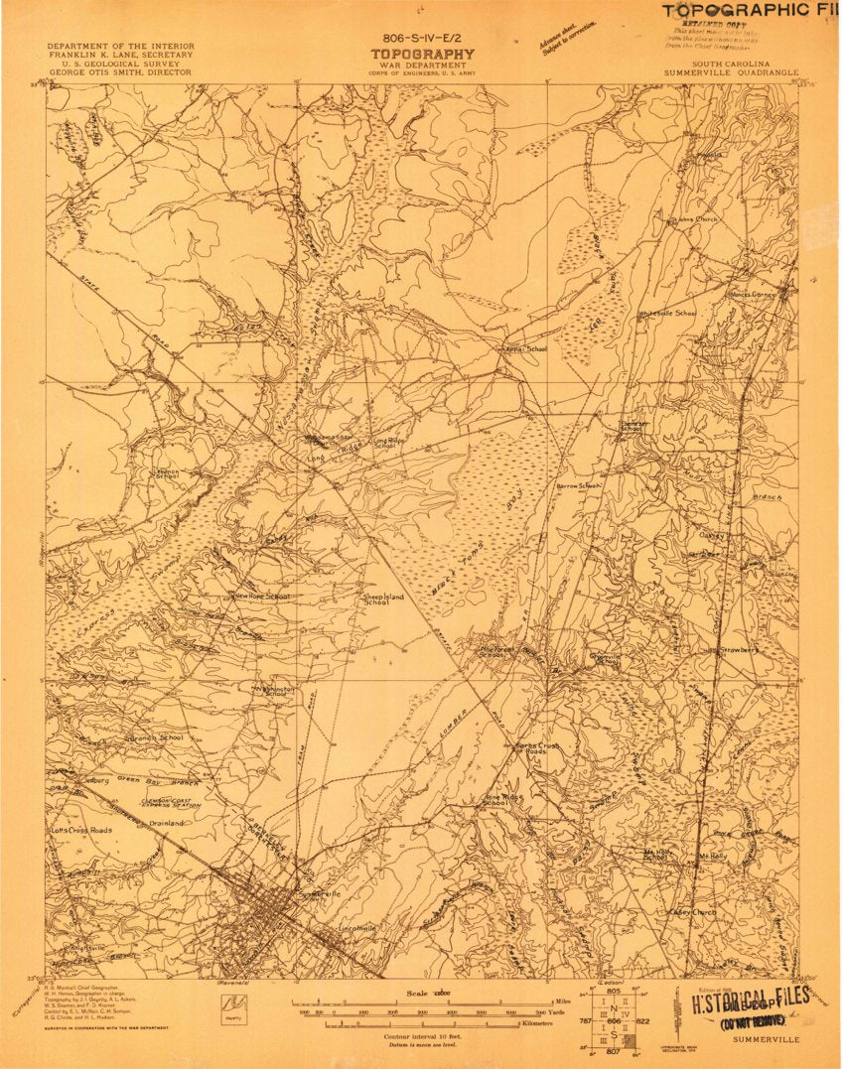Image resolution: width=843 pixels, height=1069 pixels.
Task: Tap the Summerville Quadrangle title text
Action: pos(734,72)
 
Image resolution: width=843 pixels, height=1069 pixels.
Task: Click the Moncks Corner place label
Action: pos(755,294)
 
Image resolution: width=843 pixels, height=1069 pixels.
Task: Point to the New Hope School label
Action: pos(261,596)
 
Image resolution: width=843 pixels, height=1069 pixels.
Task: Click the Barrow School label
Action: pos(578,486)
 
